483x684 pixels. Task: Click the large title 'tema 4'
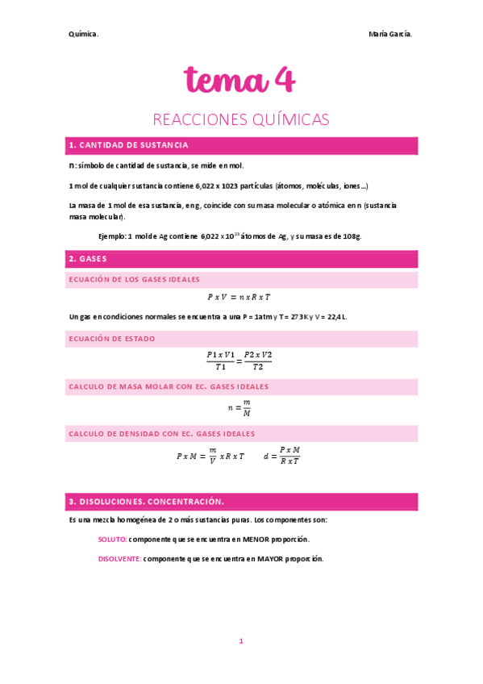click(240, 80)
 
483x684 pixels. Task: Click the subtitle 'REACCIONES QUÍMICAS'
click(241, 119)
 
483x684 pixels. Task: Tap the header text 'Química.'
click(84, 34)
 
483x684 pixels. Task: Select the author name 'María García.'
click(390, 34)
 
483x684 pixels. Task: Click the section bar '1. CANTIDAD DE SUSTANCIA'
click(129, 145)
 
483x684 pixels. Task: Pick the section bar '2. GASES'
click(88, 259)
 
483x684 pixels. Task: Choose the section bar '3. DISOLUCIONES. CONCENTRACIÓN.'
click(147, 501)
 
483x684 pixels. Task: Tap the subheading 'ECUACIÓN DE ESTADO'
click(112, 339)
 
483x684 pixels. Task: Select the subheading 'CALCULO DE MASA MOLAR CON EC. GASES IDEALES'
click(169, 386)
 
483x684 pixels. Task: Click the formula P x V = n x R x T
click(239, 297)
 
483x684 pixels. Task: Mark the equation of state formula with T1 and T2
click(239, 361)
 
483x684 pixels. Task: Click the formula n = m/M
click(239, 408)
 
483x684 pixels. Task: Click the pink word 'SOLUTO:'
click(112, 539)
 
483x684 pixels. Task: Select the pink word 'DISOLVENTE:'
click(119, 558)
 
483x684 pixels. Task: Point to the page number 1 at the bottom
click(240, 640)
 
